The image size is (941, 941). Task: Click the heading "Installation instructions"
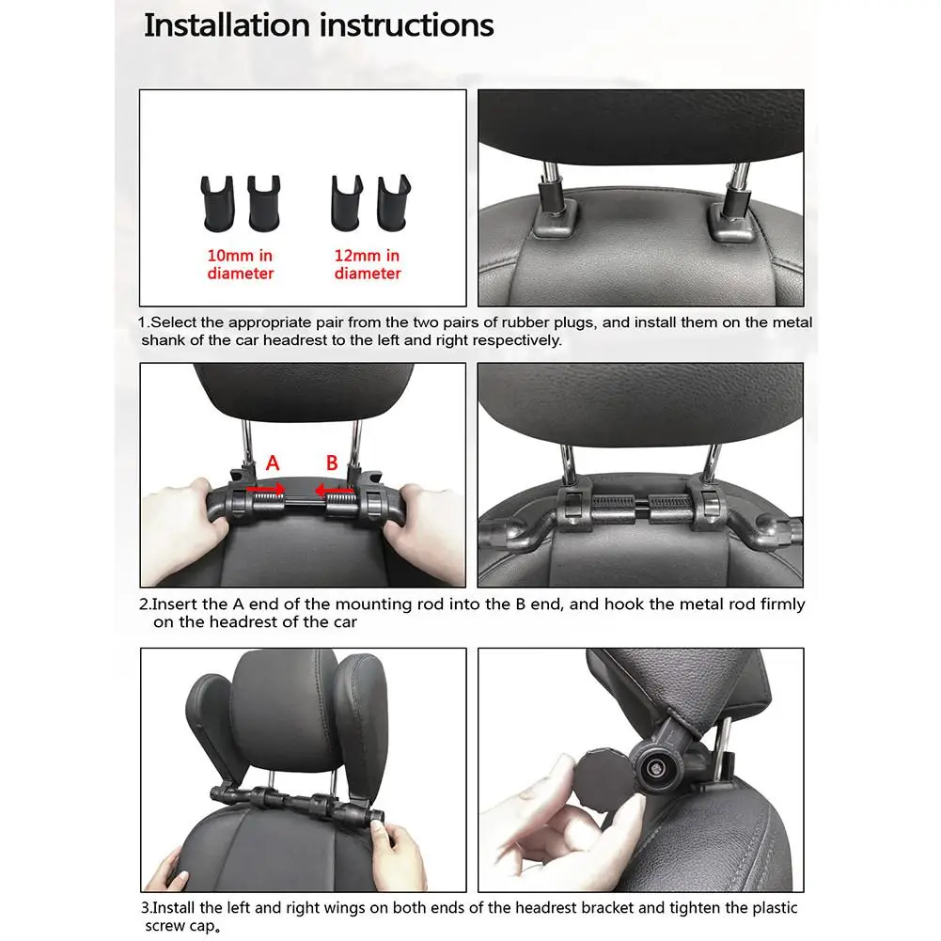(x=318, y=25)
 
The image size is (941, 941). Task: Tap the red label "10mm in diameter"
(x=241, y=264)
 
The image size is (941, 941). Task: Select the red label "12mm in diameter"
(x=368, y=264)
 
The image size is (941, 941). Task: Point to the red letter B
(x=332, y=463)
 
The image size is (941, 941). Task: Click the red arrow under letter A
(x=266, y=489)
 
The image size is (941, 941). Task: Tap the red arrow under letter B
(x=334, y=489)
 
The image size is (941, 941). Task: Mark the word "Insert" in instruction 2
(x=174, y=604)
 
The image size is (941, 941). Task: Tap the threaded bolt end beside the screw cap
(x=652, y=769)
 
